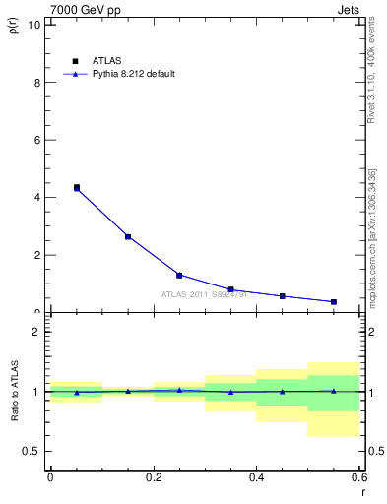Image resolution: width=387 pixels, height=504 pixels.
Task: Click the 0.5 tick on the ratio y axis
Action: pyautogui.click(x=32, y=451)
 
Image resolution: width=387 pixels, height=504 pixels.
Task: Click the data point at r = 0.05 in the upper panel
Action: pyautogui.click(x=77, y=187)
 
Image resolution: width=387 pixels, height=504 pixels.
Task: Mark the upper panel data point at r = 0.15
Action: pyautogui.click(x=128, y=236)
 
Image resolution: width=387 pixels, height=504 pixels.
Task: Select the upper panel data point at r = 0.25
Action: pyautogui.click(x=179, y=275)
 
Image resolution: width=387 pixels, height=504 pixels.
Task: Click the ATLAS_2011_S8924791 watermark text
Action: pyautogui.click(x=205, y=293)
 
